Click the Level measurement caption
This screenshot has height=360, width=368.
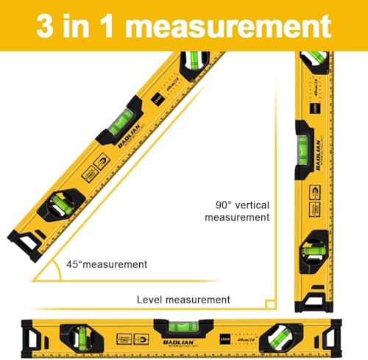coord(183,300)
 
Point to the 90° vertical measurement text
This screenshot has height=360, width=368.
coord(237,211)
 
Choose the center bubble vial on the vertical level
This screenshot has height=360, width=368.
coord(304,144)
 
